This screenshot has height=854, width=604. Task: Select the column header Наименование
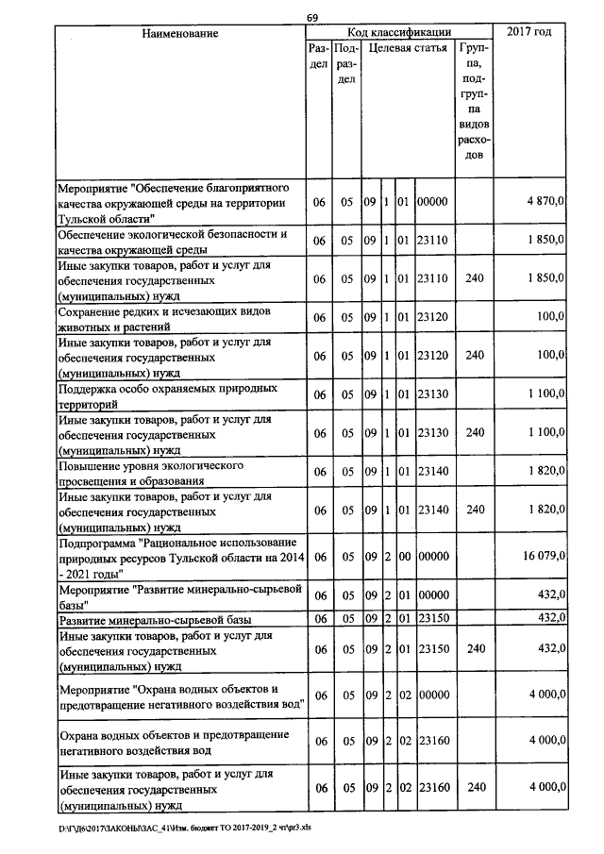(180, 34)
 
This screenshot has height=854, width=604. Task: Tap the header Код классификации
(399, 33)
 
